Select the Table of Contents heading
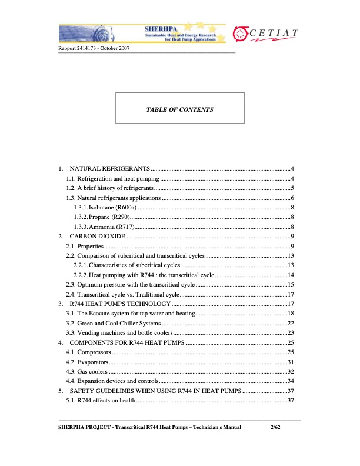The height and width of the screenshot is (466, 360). [x=179, y=109]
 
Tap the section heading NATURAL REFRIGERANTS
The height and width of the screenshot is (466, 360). [x=109, y=170]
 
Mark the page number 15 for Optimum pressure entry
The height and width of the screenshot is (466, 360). [x=290, y=285]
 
